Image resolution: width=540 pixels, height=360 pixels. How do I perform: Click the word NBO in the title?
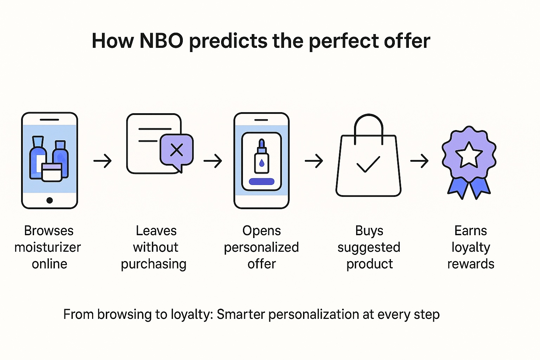(x=161, y=41)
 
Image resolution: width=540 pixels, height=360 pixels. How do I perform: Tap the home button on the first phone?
(x=50, y=200)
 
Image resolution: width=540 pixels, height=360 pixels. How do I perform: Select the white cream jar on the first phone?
(x=52, y=172)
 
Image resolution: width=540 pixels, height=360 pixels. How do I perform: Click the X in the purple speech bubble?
(x=177, y=150)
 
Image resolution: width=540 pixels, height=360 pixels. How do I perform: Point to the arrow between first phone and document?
(x=102, y=161)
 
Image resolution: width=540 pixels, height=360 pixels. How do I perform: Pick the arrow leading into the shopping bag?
(x=314, y=161)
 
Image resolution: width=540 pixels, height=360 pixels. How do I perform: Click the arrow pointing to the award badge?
(x=419, y=161)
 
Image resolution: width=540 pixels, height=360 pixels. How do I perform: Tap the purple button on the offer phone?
(x=262, y=181)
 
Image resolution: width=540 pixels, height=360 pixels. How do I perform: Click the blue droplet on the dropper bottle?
(x=262, y=163)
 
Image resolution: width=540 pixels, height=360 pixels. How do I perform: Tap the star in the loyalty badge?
(x=469, y=155)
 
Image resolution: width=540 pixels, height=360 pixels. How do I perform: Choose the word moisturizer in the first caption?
(x=47, y=247)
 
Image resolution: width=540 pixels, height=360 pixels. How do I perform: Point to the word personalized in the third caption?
(x=261, y=247)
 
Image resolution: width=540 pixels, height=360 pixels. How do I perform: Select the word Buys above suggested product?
(x=369, y=231)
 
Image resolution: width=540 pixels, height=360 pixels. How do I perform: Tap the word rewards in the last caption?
(x=471, y=264)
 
